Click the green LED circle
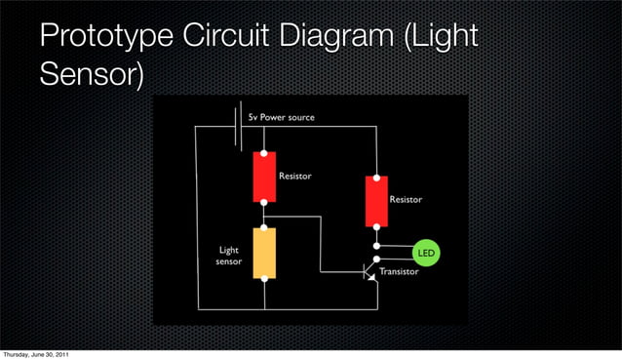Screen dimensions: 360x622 pyautogui.click(x=426, y=253)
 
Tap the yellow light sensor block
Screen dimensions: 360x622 pyautogui.click(x=264, y=253)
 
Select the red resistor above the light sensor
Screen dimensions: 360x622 pyautogui.click(x=264, y=176)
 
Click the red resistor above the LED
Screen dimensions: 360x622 pyautogui.click(x=376, y=200)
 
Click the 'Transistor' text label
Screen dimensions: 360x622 pyautogui.click(x=399, y=272)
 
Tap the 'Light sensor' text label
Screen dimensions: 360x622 pyautogui.click(x=229, y=257)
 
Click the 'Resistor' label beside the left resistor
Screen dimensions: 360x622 pyautogui.click(x=295, y=177)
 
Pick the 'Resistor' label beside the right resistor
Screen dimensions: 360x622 pyautogui.click(x=407, y=199)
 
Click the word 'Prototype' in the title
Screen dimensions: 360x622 pyautogui.click(x=104, y=39)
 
